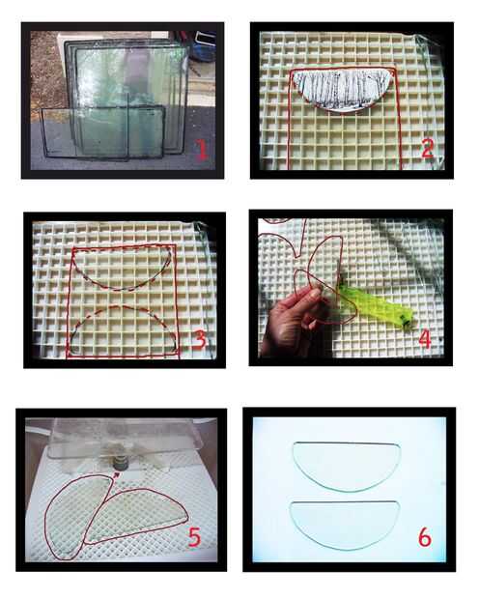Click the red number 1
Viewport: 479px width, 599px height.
pyautogui.click(x=202, y=149)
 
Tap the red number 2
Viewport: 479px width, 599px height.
pyautogui.click(x=428, y=148)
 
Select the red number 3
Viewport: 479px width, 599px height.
pyautogui.click(x=199, y=339)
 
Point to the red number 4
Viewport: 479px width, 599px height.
pyautogui.click(x=425, y=338)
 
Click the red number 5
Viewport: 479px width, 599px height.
pyautogui.click(x=194, y=536)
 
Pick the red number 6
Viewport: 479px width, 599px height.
pyautogui.click(x=425, y=537)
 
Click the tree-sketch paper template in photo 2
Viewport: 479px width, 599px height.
pyautogui.click(x=343, y=90)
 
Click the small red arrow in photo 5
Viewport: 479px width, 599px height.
pyautogui.click(x=117, y=474)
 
